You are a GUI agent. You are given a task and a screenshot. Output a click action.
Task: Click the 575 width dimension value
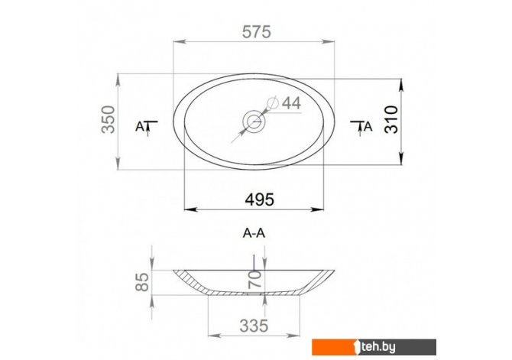[x=256, y=32]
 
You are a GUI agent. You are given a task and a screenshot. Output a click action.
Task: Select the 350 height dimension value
[x=109, y=119]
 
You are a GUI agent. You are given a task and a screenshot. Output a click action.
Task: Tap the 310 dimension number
[x=391, y=119]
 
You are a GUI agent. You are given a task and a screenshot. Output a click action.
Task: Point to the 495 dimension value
[x=260, y=199]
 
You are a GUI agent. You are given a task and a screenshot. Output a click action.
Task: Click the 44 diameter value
[x=291, y=103]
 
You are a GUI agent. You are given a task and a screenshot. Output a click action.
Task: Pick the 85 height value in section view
[x=142, y=282]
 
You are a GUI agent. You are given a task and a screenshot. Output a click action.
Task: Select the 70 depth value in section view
[x=254, y=279]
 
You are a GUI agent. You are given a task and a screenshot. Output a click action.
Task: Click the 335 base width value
[x=254, y=326]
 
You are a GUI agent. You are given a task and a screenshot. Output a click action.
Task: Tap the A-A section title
[x=254, y=233]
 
